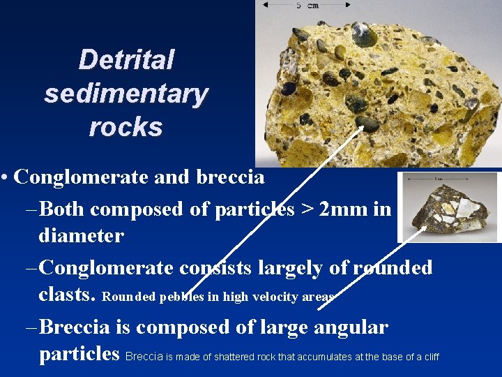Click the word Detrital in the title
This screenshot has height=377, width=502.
pyautogui.click(x=126, y=60)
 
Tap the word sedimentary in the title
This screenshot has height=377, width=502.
pyautogui.click(x=126, y=94)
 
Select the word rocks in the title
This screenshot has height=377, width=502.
pyautogui.click(x=126, y=127)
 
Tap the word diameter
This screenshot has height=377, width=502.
pyautogui.click(x=81, y=236)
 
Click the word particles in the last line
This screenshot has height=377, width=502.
pyautogui.click(x=79, y=354)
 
